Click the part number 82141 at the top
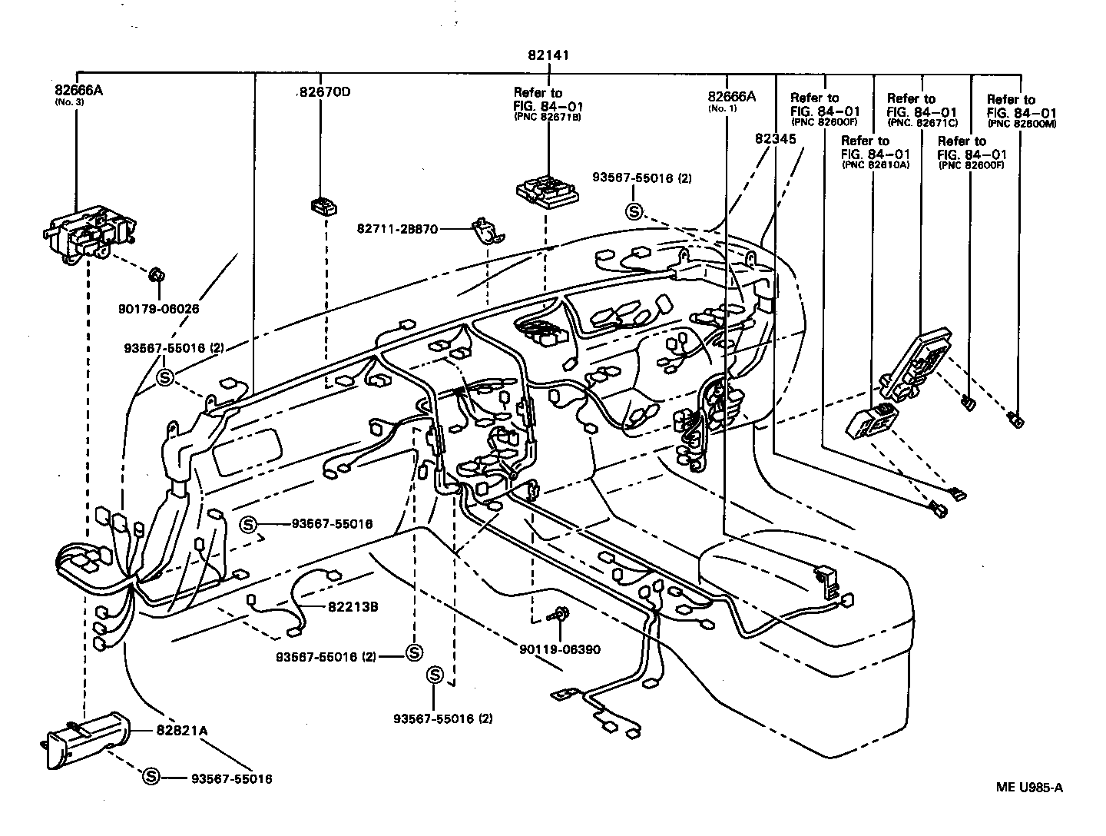click(548, 55)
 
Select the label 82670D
click(325, 92)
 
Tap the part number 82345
click(775, 139)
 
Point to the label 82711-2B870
click(397, 229)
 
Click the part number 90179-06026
click(159, 309)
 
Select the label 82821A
click(181, 730)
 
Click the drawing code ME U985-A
click(1030, 786)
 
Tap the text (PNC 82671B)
click(547, 118)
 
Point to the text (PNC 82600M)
click(1022, 124)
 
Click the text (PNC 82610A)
click(876, 164)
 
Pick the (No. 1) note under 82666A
click(722, 108)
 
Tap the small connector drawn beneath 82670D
click(323, 205)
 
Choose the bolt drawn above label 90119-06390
click(561, 614)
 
